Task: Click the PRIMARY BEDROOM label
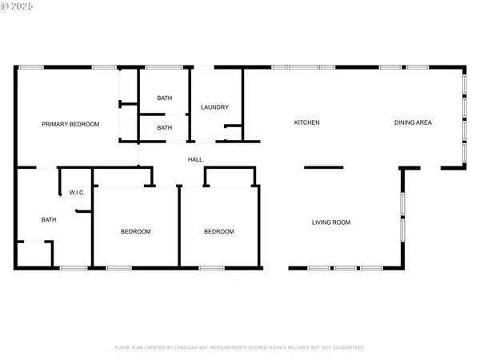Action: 70,124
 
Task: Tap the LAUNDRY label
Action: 215,107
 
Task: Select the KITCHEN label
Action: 307,122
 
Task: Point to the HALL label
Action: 194,160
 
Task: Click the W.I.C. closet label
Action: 78,192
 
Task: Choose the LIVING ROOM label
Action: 331,222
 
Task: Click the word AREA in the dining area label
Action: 424,122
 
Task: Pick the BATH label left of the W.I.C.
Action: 49,220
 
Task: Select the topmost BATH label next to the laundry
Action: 164,98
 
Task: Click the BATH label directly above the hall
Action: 164,127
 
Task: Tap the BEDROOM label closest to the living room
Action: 218,231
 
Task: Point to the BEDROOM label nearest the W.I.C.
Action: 136,231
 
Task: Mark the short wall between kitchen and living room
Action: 323,167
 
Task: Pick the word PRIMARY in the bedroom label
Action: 56,124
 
